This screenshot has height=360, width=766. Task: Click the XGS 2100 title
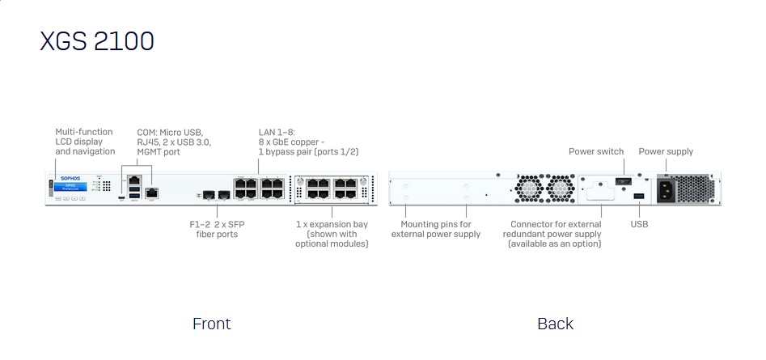coord(97,40)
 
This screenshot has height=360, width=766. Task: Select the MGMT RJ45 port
coord(151,193)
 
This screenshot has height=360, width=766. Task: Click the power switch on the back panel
coord(624,180)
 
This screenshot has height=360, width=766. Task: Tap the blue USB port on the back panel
coord(639,197)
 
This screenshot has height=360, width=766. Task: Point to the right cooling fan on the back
coord(560,189)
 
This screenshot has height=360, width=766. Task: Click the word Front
coord(211,324)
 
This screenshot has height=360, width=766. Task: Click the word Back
coord(555,324)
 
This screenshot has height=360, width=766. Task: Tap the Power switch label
coord(596,151)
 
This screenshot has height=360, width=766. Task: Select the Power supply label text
coord(666,151)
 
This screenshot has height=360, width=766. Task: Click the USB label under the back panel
coord(639,224)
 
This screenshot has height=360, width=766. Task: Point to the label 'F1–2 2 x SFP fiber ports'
coord(217,229)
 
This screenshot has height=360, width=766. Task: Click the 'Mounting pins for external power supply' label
coord(436,229)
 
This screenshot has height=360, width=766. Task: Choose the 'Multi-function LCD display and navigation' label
coord(85,142)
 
